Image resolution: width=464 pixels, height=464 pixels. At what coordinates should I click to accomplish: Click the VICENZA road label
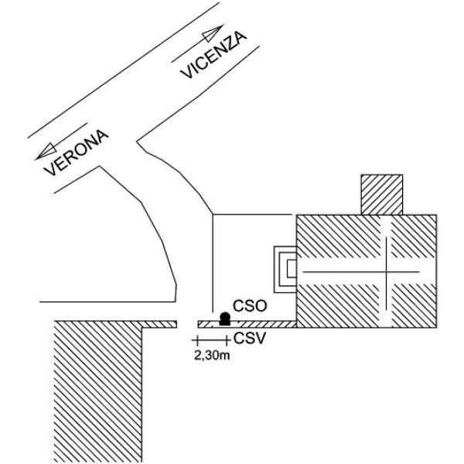(x=213, y=55)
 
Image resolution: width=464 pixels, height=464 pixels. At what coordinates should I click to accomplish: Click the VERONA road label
(x=77, y=152)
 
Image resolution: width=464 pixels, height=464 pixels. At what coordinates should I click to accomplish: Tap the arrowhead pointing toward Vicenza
(x=213, y=32)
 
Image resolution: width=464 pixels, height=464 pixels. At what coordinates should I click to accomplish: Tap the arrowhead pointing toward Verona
(x=46, y=152)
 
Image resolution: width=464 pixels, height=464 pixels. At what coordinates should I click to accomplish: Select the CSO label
(x=250, y=306)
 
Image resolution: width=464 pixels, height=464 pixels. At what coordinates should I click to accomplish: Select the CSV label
(x=250, y=339)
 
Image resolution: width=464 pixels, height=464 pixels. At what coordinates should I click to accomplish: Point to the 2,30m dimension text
(x=212, y=356)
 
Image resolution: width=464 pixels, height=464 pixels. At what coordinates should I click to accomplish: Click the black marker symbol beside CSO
(x=225, y=319)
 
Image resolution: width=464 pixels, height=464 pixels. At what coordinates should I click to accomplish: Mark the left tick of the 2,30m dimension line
(x=197, y=340)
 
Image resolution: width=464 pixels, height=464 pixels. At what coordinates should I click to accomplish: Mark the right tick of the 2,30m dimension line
(x=227, y=340)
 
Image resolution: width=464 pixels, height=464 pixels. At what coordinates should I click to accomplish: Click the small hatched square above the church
(x=382, y=195)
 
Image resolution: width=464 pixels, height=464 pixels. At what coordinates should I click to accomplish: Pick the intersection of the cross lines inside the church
(x=387, y=271)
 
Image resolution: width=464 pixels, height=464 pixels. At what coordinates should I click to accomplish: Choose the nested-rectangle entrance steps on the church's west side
(x=285, y=269)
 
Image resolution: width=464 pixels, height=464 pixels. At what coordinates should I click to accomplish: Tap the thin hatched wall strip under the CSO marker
(x=247, y=324)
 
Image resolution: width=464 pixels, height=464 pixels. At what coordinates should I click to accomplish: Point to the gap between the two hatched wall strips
(x=187, y=324)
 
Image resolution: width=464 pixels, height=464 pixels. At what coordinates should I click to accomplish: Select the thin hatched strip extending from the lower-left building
(x=159, y=324)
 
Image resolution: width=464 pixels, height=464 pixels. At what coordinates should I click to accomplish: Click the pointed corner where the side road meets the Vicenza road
(x=137, y=142)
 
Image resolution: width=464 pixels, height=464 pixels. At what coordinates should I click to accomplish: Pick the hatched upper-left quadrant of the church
(x=338, y=237)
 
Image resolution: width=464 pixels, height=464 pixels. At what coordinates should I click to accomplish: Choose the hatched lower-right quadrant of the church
(x=414, y=305)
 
